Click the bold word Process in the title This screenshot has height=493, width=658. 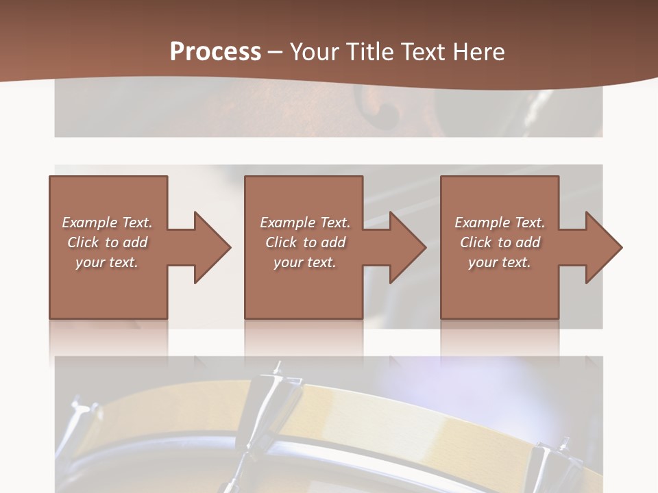click(215, 52)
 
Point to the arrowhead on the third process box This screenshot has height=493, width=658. click(603, 247)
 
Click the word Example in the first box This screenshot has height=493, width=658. click(90, 223)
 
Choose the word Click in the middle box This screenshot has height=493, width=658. click(280, 242)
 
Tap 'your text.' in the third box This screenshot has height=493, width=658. click(499, 262)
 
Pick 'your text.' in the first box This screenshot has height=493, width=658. click(107, 262)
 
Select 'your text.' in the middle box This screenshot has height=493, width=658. click(304, 262)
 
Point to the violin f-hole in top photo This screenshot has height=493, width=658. click(388, 111)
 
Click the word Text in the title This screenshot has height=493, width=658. click(424, 52)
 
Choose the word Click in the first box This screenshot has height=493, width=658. click(82, 242)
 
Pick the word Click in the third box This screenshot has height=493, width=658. click(475, 242)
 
